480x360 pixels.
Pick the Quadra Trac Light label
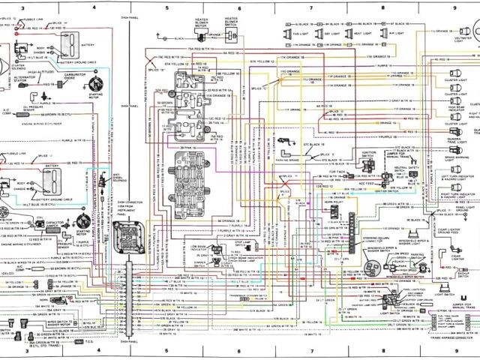click(x=457, y=138)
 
